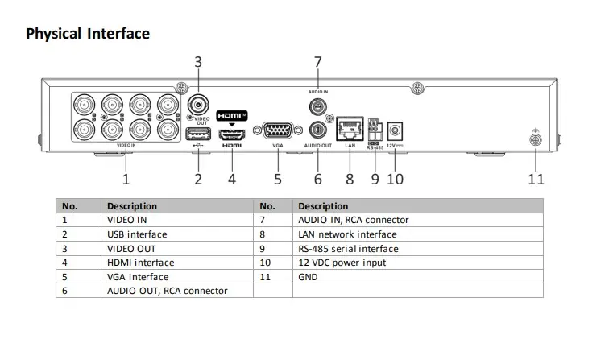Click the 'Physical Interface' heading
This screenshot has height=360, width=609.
[x=88, y=34]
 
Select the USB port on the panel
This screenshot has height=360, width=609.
[x=197, y=134]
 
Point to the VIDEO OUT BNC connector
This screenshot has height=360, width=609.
[x=198, y=104]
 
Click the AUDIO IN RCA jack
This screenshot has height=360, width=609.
[x=317, y=106]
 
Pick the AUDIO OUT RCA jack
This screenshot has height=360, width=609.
[x=317, y=129]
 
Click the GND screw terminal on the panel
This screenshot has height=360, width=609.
[x=536, y=140]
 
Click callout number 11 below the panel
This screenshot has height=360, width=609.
[x=536, y=179]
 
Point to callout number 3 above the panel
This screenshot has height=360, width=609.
[x=198, y=61]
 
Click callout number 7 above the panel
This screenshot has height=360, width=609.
[x=317, y=61]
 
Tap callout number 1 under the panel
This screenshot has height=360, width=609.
[x=126, y=179]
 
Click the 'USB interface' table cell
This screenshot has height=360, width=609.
[x=137, y=234]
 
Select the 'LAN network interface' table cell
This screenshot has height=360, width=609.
[x=347, y=234]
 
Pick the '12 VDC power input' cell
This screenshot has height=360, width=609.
[x=342, y=263]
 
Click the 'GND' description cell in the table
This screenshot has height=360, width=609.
[x=308, y=277]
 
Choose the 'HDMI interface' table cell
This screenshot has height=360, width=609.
[x=140, y=263]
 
